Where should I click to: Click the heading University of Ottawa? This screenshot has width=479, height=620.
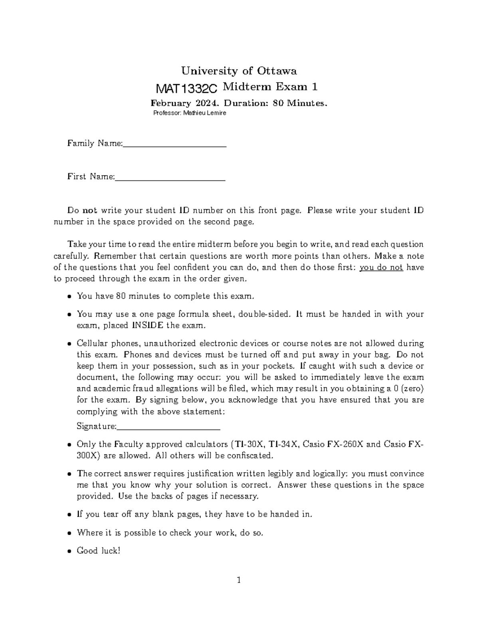click(x=239, y=71)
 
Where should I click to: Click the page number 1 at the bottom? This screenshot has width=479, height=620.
click(x=239, y=580)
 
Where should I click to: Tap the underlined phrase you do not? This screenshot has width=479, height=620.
click(x=381, y=267)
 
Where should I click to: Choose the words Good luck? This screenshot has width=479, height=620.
click(x=98, y=551)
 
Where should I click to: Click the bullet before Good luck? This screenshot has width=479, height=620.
click(x=69, y=551)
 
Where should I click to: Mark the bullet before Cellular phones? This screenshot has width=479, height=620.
click(x=69, y=344)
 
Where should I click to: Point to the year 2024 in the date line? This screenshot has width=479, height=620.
click(x=208, y=103)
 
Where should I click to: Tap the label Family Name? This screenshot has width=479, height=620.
click(x=95, y=143)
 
